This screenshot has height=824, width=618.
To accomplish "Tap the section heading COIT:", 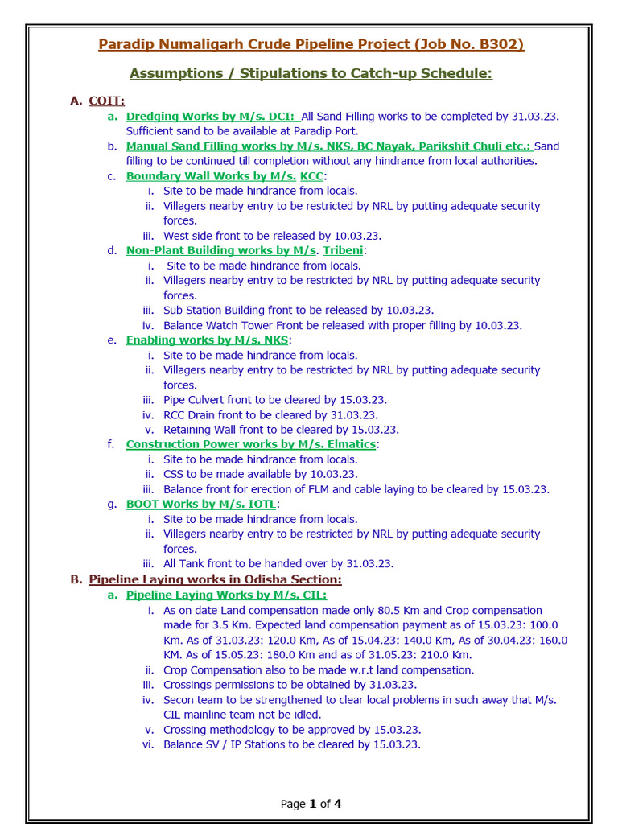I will coord(107,101).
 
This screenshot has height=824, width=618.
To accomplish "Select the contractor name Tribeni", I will coord(343,250).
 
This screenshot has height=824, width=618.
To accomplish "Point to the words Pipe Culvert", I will coord(196,400).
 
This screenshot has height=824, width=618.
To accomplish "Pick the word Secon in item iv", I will coord(179,700).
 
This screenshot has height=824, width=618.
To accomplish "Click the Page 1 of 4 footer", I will coord(311,803).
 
